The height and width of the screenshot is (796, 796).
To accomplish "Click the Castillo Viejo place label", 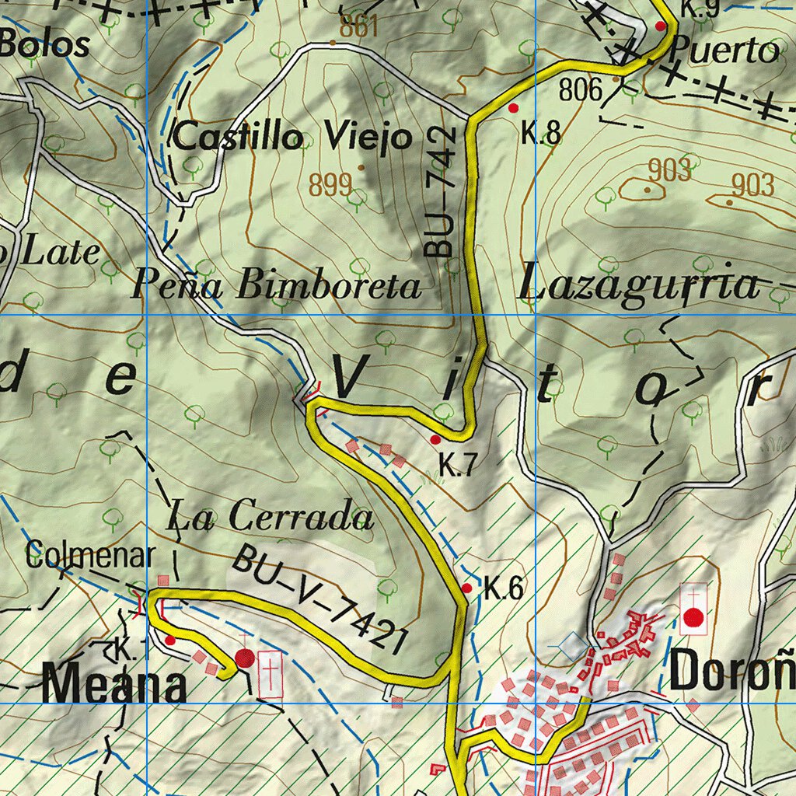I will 292,138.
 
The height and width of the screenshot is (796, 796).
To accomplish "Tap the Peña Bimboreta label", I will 276,285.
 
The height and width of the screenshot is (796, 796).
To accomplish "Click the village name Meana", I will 114,686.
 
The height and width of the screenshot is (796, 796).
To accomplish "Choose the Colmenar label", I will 91,556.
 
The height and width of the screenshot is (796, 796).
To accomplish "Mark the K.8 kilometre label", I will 541,134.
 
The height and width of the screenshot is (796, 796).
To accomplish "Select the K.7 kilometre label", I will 456,466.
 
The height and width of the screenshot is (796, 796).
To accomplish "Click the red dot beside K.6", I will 466,588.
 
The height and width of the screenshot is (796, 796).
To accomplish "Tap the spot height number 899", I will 330,185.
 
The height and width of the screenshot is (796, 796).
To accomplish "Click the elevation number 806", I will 581,91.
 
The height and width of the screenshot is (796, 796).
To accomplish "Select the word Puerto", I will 723,51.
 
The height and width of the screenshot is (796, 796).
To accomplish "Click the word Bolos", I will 45,44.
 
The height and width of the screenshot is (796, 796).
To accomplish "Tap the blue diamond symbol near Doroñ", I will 574,644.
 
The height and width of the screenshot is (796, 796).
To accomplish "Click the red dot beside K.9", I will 661,26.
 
